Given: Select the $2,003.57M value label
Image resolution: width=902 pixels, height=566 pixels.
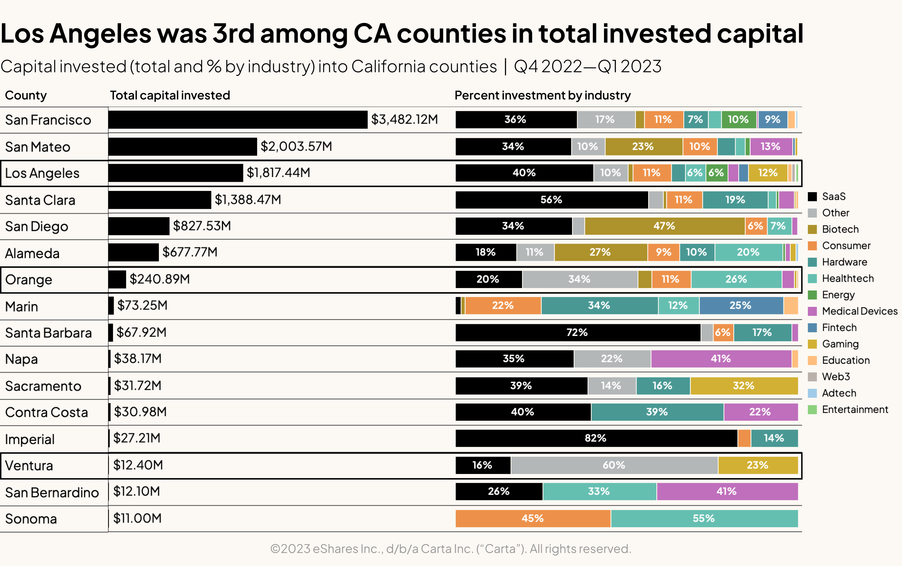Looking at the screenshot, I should coord(296,146).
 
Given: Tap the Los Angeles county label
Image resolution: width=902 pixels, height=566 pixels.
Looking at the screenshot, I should coord(42,173).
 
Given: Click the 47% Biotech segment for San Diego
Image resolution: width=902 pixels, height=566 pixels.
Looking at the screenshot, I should coord(664,226).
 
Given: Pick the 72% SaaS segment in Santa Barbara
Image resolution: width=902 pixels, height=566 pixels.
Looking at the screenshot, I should coord(577,332).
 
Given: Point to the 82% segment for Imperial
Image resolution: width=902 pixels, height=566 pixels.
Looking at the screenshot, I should coord(596,438).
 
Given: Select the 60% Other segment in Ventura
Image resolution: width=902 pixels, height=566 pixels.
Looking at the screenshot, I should coord(614,465).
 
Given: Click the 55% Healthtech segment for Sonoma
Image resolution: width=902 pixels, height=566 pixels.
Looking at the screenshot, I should coord(704,518).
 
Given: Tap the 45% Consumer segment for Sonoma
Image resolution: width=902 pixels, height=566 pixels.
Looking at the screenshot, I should coord(532,518).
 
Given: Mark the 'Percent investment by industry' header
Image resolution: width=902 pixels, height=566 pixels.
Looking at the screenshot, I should coord(542,95).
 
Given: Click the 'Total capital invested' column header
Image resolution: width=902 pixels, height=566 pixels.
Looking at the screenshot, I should coord(170,95).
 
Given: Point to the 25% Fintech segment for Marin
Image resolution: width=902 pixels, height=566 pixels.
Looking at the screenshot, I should coord(740,305).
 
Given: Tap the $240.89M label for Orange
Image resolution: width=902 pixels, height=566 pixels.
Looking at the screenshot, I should coord(160,279).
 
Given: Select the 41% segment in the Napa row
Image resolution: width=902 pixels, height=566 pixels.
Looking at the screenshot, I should coord(721,358).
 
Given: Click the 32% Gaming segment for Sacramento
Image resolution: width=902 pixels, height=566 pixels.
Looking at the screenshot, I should coord(743,385).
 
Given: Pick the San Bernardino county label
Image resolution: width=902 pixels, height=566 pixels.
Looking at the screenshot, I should coord(52,493).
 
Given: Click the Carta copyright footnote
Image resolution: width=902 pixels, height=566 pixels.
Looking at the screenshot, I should coord(450,549).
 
